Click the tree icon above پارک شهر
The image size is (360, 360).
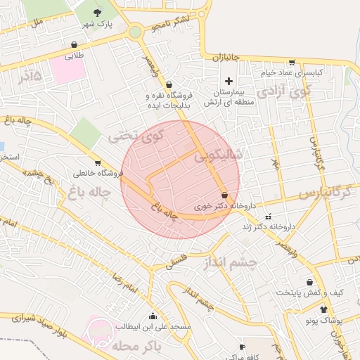point(97,12)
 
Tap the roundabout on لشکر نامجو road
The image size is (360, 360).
point(135,32)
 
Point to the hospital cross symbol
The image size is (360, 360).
point(229,81)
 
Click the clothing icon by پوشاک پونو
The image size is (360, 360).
point(323,309)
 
